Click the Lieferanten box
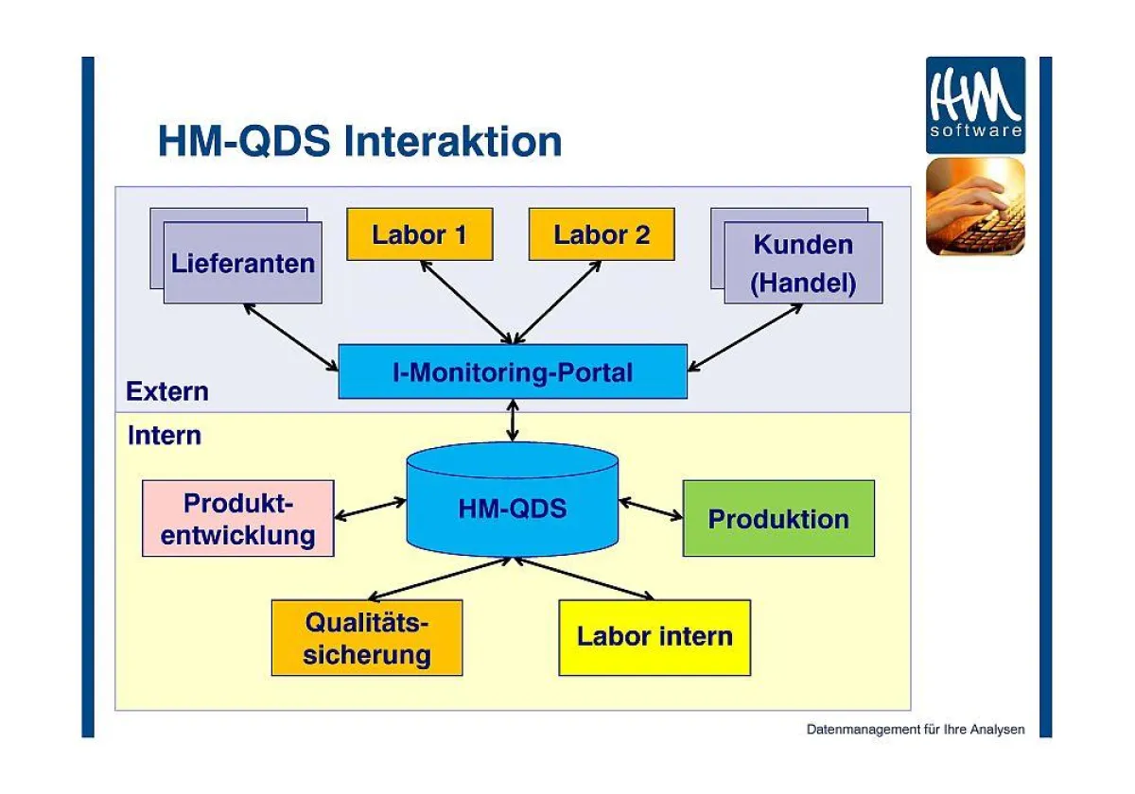(242, 263)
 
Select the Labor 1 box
(419, 234)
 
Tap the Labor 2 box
(601, 234)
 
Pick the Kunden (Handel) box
(803, 264)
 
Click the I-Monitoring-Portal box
(513, 372)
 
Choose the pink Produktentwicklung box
(237, 518)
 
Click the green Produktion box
(778, 518)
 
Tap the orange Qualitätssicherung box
(367, 638)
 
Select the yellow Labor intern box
(655, 637)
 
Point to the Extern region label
(167, 391)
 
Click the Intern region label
(165, 436)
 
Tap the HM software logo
(975, 105)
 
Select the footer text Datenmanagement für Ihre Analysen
(915, 730)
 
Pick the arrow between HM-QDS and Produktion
(651, 509)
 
